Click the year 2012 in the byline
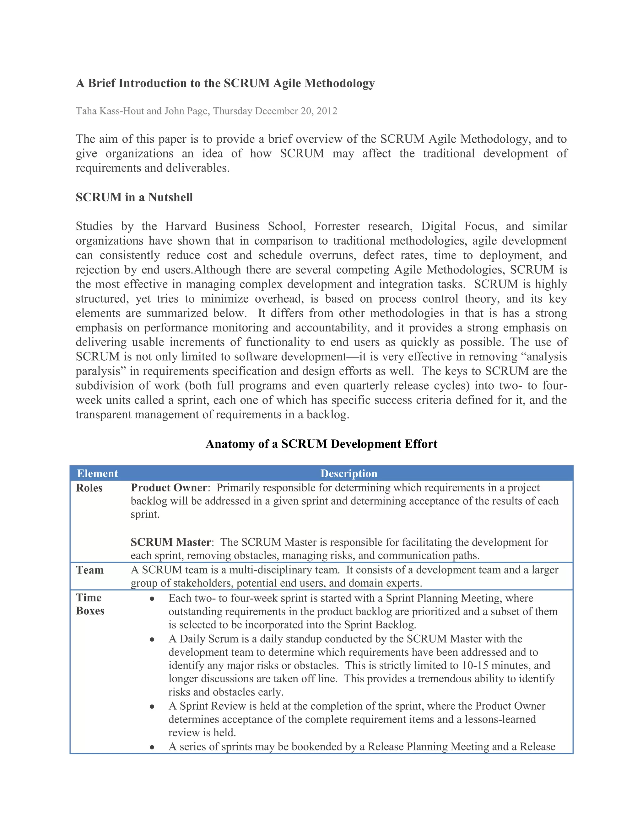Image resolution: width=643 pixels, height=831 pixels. (x=327, y=111)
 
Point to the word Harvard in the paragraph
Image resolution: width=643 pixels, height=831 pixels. (x=186, y=226)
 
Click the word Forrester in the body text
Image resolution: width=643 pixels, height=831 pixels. (x=337, y=226)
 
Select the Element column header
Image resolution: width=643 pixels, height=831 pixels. (x=98, y=474)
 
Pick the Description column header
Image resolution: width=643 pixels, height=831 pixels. (x=349, y=474)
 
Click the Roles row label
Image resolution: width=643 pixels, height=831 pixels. (x=89, y=488)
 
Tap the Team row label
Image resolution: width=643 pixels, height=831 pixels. (x=90, y=570)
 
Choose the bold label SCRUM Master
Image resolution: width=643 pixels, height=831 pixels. (x=171, y=542)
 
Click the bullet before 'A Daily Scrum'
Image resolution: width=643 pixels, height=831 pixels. (x=152, y=640)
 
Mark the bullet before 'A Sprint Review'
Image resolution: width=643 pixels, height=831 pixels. (x=152, y=707)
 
